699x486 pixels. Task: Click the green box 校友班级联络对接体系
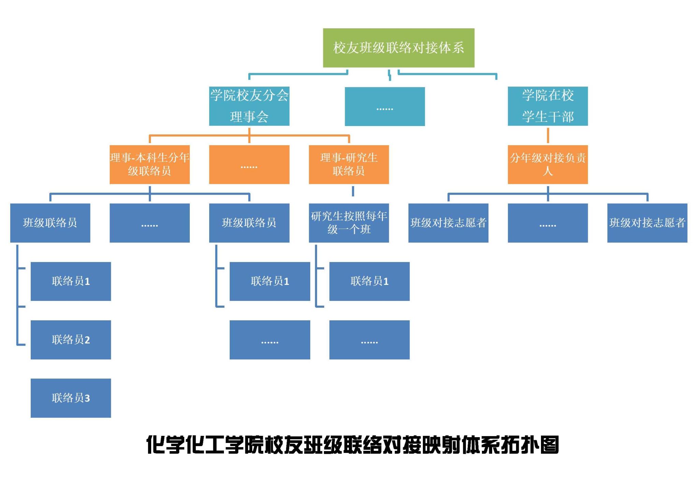point(398,48)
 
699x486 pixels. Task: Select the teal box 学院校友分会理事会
point(249,106)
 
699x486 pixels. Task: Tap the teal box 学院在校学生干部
point(547,106)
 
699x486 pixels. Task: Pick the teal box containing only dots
point(385,107)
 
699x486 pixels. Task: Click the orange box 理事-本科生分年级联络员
point(149,164)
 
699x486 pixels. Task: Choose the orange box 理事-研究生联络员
point(348,164)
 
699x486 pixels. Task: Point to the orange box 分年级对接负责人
point(547,164)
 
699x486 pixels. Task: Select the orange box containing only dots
point(249,164)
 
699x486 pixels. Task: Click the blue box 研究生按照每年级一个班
point(348,223)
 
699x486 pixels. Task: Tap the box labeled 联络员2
point(71,339)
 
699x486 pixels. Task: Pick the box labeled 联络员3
point(71,398)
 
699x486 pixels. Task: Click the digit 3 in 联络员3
point(87,398)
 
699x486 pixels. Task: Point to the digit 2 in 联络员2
point(87,340)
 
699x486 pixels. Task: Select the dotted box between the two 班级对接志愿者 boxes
point(547,223)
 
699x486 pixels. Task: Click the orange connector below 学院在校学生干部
point(548,136)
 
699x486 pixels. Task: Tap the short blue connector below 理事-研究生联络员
point(353,191)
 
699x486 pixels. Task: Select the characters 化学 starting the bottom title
point(166,445)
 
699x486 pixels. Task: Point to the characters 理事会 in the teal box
point(249,117)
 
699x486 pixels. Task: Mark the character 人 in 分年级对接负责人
point(547,171)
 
